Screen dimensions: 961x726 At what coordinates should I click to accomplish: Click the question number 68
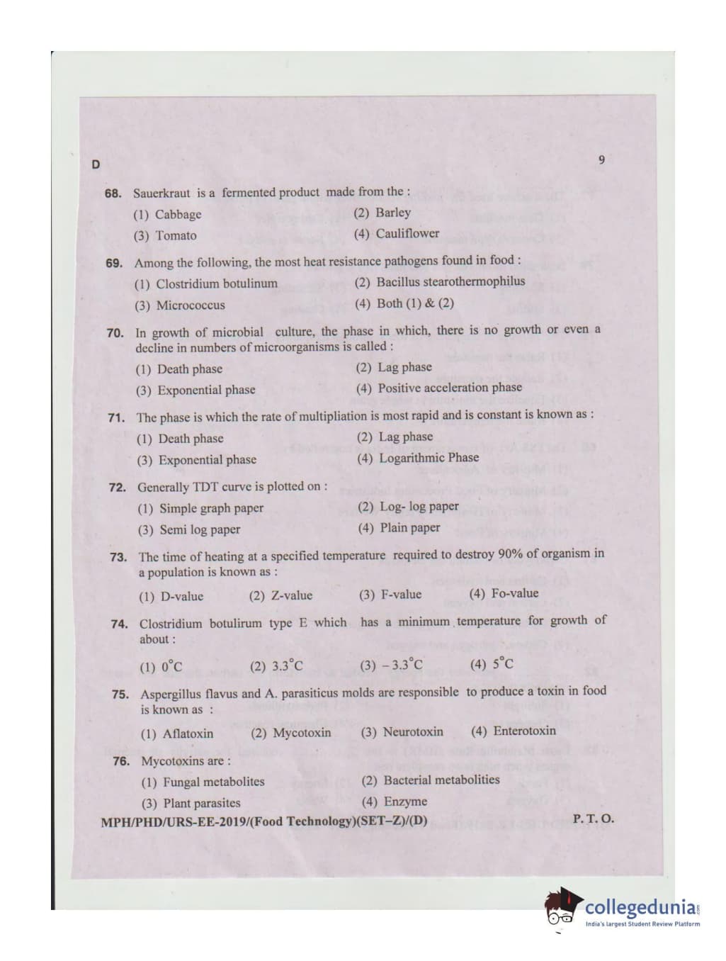113,193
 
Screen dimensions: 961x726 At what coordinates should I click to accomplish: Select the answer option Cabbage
167,214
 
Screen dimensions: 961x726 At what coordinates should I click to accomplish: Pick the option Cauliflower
396,233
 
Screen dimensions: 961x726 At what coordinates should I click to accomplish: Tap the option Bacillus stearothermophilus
440,281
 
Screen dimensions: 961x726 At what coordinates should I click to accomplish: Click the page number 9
601,159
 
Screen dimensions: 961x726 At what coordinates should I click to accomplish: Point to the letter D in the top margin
96,165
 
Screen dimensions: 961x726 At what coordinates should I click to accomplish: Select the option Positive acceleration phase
439,388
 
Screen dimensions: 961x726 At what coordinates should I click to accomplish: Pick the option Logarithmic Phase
419,458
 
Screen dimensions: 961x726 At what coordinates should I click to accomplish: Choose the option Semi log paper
189,529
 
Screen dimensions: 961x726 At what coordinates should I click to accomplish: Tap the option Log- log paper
409,507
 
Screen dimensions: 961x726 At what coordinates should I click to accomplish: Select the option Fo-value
504,593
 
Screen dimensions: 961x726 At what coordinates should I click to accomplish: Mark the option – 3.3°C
391,665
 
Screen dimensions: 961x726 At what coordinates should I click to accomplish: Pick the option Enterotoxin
514,731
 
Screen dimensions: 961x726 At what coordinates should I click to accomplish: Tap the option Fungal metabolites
203,782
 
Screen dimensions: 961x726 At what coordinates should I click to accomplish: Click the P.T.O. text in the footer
593,819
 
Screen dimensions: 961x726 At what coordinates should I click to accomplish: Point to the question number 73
118,557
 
